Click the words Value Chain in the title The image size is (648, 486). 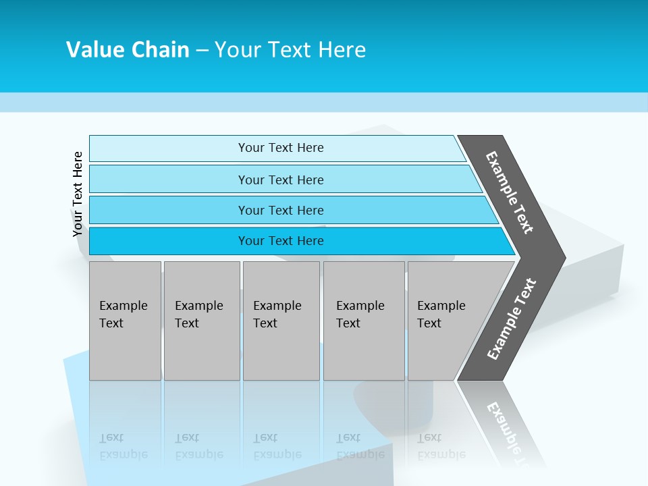pyautogui.click(x=128, y=50)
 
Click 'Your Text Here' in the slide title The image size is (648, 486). pyautogui.click(x=290, y=50)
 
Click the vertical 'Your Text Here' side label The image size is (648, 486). pyautogui.click(x=78, y=194)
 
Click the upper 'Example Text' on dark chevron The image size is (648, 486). pyautogui.click(x=510, y=192)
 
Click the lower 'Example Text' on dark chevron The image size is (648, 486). pyautogui.click(x=511, y=319)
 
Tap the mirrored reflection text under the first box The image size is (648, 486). pyautogui.click(x=123, y=446)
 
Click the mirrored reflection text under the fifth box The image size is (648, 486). pyautogui.click(x=441, y=446)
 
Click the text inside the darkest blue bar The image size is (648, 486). pyautogui.click(x=281, y=241)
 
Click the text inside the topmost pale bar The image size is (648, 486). pyautogui.click(x=281, y=148)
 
